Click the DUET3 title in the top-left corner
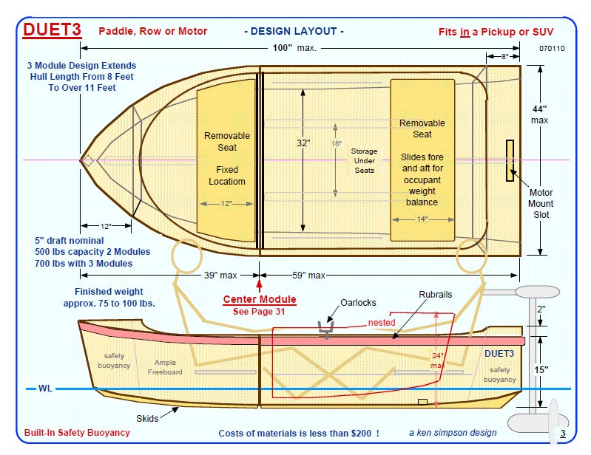click(x=52, y=30)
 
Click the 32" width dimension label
click(x=303, y=143)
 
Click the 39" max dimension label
click(x=220, y=276)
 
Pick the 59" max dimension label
click(x=308, y=276)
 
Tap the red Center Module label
click(x=260, y=300)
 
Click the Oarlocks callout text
click(x=359, y=303)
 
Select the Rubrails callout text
click(x=435, y=295)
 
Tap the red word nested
click(x=382, y=323)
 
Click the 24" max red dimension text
click(x=438, y=360)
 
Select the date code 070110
click(x=552, y=49)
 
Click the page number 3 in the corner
click(x=563, y=434)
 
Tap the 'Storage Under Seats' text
click(x=363, y=161)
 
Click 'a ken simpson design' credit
click(x=453, y=433)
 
